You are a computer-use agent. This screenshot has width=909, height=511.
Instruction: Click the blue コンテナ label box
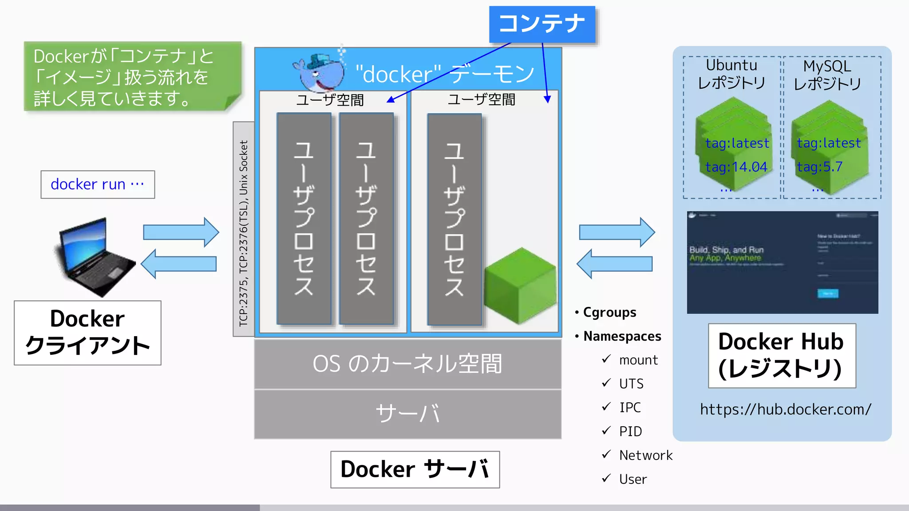coord(542,24)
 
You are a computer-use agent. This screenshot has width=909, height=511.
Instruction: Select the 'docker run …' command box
coord(98,185)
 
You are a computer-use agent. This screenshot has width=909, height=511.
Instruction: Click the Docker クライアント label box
coord(87,333)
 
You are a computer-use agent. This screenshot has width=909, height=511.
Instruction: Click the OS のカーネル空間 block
coord(407,364)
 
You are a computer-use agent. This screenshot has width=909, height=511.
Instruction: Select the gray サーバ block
coord(407,414)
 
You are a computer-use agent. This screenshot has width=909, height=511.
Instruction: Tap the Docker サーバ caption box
coord(415,469)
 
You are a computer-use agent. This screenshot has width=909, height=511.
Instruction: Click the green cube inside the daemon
coord(520,286)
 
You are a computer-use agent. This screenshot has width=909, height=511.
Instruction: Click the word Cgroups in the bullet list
coord(609,312)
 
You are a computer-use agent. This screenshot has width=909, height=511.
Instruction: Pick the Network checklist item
coord(645,456)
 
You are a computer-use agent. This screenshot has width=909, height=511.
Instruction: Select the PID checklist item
coord(630,432)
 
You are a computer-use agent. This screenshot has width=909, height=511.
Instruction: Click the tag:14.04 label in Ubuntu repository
coord(736,167)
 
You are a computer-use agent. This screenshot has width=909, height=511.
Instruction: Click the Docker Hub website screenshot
coord(782,263)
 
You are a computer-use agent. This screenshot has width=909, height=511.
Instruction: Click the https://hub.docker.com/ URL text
coord(785,409)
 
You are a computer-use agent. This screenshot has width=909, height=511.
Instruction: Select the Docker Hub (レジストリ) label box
coord(782,356)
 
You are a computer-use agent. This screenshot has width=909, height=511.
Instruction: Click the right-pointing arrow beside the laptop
coord(181,232)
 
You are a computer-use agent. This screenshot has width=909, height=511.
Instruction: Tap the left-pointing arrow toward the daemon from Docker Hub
coord(614,264)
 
